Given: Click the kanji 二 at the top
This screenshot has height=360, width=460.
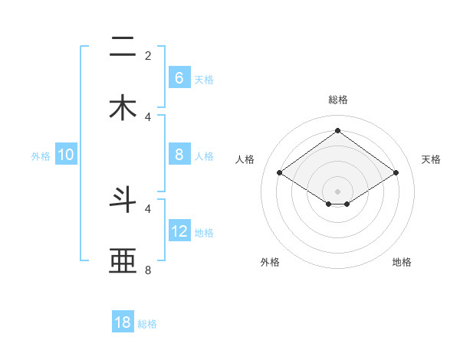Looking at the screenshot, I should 123,47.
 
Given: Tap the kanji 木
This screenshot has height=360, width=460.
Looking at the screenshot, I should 123,107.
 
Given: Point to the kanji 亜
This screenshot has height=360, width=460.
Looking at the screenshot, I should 123,261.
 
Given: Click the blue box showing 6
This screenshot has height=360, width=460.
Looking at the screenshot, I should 179,77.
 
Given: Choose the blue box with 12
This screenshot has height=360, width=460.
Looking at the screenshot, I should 179,231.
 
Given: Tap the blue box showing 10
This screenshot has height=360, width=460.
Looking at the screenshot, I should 66,155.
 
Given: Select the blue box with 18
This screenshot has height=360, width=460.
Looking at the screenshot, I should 123,322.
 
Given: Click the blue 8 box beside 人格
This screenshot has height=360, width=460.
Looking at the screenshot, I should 179,155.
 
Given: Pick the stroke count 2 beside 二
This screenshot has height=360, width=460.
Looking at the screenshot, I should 148,55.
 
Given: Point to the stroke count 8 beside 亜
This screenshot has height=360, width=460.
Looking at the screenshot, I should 148,270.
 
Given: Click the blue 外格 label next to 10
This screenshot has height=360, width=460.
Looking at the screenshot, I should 41,155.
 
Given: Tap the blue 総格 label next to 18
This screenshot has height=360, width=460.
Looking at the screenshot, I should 147,324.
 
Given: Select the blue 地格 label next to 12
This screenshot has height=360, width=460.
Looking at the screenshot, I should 204,233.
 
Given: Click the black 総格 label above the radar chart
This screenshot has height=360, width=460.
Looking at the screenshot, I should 338,100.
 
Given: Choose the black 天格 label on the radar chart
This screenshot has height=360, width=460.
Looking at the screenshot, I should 431,159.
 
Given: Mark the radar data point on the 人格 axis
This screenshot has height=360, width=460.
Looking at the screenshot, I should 280,173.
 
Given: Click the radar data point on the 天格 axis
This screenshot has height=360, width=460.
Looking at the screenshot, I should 396,173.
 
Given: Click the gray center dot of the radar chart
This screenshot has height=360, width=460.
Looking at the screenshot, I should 337,190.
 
